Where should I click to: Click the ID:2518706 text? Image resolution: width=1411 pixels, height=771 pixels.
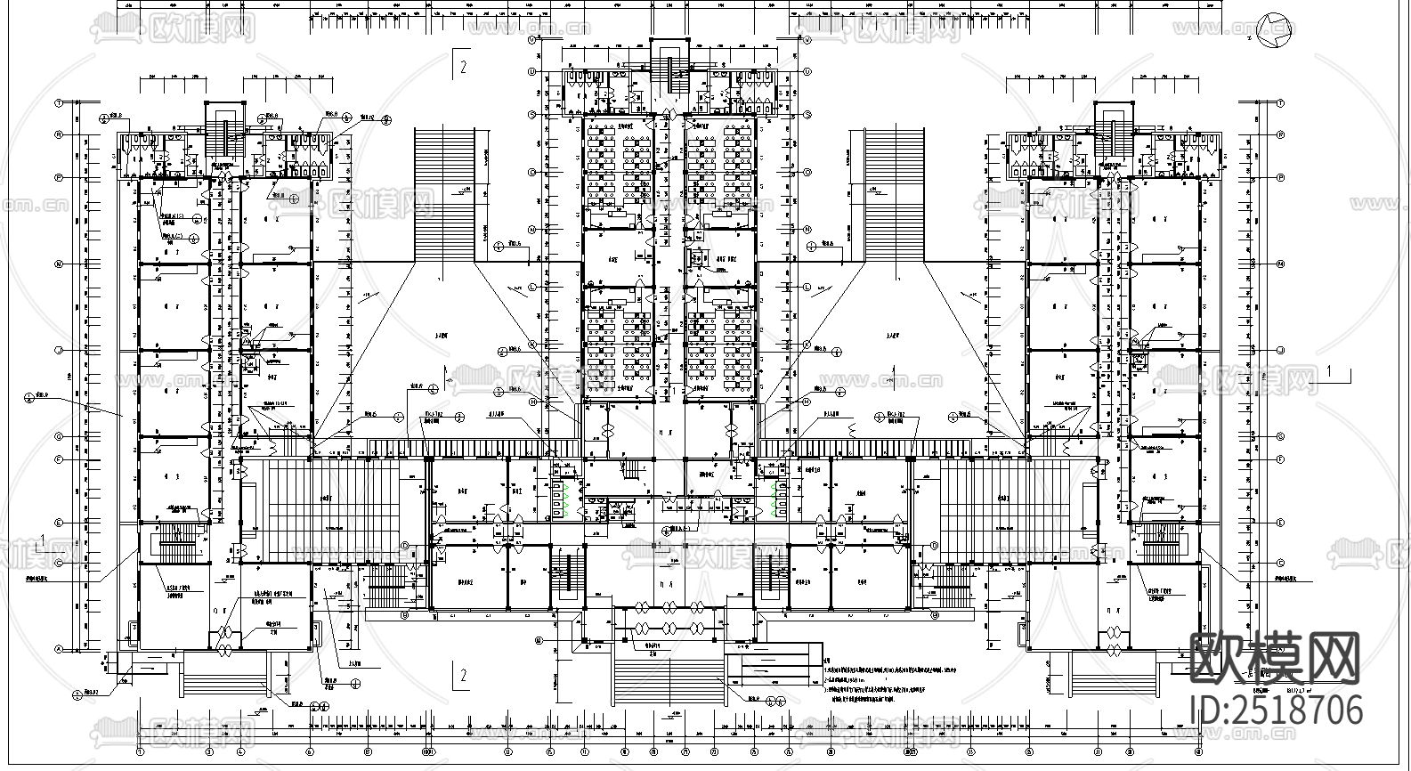click(x=1276, y=710)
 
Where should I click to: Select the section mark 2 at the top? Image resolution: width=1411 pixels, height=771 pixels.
click(x=462, y=64)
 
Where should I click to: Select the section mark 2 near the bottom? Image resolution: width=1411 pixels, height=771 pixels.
click(x=462, y=676)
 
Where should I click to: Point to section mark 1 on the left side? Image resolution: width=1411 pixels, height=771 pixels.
click(x=43, y=540)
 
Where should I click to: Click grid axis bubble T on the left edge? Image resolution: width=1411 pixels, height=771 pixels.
click(x=59, y=102)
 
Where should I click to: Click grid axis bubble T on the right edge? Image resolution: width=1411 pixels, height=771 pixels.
click(x=1280, y=102)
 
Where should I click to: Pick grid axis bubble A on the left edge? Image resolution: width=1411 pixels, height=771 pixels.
click(x=59, y=649)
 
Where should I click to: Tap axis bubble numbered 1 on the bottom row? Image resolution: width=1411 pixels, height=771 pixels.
click(x=140, y=751)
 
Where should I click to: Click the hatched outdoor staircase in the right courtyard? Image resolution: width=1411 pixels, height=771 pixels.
click(x=895, y=195)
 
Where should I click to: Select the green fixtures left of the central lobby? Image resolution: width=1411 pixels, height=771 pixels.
click(x=561, y=499)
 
